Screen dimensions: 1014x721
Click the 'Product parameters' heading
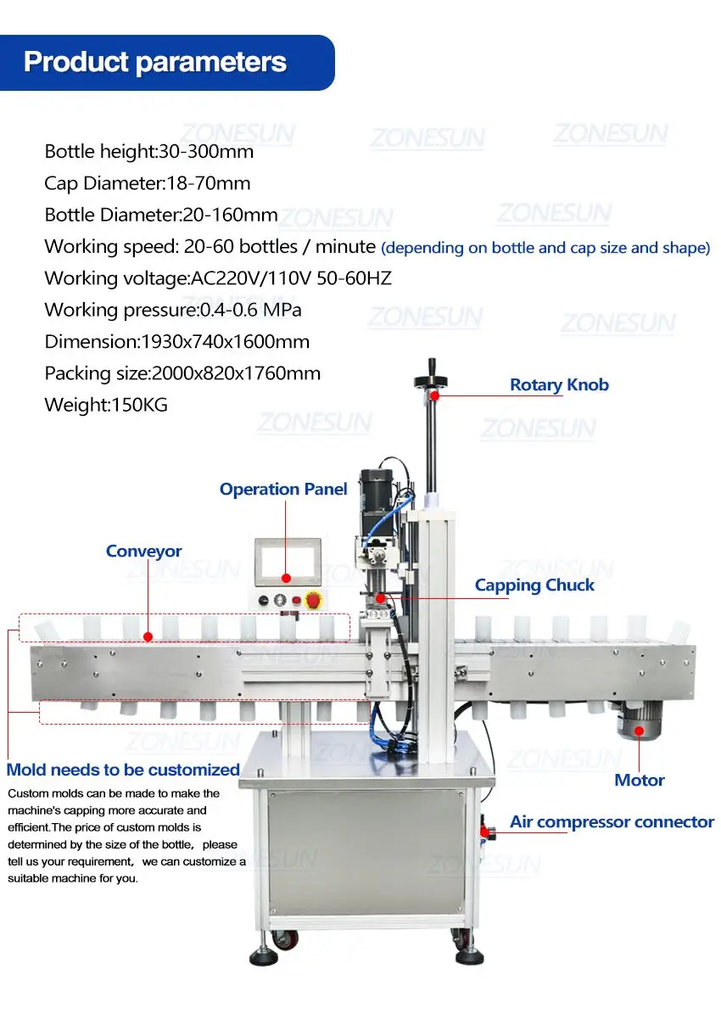click(x=155, y=62)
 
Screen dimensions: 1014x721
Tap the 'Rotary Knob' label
click(x=559, y=384)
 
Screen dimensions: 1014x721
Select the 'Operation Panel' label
click(x=283, y=489)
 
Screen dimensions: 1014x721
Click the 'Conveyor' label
click(x=144, y=551)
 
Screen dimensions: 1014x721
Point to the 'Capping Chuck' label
click(x=534, y=585)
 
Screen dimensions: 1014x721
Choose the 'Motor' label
click(x=640, y=780)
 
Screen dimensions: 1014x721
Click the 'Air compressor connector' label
click(x=612, y=821)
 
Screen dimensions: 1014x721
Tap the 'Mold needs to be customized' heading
click(x=123, y=770)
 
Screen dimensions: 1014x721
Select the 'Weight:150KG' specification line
click(x=106, y=405)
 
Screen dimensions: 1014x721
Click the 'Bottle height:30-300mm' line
click(x=149, y=152)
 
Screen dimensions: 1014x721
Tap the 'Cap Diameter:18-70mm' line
click(x=148, y=183)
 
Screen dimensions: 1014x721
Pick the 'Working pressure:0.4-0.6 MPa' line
click(x=173, y=310)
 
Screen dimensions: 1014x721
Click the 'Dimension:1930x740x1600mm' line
click(x=177, y=341)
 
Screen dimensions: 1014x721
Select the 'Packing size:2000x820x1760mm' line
click(x=182, y=373)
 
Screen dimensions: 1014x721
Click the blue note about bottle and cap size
click(x=545, y=248)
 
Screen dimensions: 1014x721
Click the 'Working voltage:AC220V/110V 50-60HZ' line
click(x=218, y=278)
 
